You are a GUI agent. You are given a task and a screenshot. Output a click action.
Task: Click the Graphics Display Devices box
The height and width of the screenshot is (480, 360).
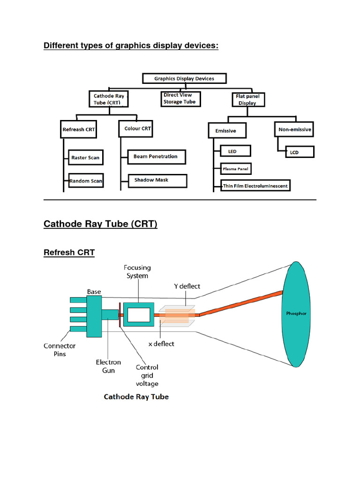click(x=184, y=79)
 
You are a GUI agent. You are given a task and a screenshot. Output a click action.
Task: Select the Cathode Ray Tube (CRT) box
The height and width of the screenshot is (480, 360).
click(x=109, y=99)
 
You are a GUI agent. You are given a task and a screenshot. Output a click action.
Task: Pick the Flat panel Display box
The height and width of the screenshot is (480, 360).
click(x=248, y=99)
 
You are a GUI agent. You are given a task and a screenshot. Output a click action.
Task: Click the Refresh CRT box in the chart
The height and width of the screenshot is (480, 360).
click(x=79, y=129)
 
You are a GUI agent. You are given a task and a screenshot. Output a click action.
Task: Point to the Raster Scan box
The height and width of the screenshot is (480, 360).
click(x=85, y=157)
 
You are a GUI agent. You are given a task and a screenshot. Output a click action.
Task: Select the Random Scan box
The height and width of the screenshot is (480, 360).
click(x=86, y=181)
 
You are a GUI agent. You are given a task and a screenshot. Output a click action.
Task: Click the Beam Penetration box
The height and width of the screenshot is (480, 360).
click(x=156, y=157)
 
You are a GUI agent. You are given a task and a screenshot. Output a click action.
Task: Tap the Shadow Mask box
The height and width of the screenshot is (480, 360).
click(x=157, y=180)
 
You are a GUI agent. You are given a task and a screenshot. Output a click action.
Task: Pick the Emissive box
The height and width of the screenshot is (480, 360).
click(x=227, y=131)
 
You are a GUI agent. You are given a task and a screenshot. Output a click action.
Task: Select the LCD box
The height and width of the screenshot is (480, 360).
click(x=295, y=152)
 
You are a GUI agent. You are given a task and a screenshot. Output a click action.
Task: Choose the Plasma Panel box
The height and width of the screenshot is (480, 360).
click(x=236, y=168)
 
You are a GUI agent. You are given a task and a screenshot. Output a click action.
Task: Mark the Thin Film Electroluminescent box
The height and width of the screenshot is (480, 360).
click(x=255, y=186)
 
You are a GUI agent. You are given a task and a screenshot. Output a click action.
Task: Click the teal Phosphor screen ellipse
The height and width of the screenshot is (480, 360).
click(x=296, y=314)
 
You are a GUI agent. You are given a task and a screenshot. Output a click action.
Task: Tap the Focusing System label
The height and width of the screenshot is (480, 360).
click(x=137, y=272)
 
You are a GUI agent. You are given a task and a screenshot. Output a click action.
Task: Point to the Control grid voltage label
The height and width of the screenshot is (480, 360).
click(x=147, y=375)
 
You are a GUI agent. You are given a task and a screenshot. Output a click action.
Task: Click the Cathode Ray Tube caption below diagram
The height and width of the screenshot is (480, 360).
click(x=136, y=397)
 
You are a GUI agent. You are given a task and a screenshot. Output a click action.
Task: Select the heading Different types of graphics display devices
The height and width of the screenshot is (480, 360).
click(x=131, y=45)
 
